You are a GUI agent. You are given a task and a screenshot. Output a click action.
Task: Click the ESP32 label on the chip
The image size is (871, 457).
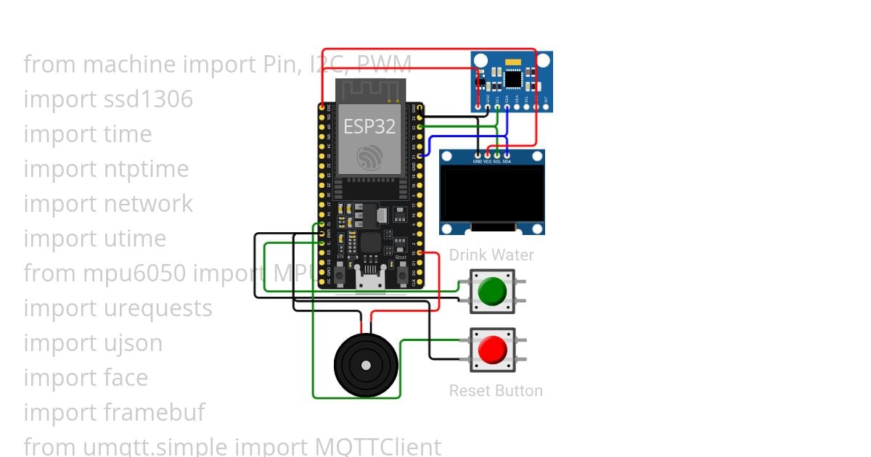coord(369,126)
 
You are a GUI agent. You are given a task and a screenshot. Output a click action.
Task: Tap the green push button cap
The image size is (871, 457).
coord(492,291)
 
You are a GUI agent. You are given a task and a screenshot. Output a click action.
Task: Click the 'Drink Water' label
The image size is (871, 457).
coord(491,255)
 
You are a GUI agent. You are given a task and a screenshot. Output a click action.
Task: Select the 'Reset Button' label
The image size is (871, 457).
coord(496,390)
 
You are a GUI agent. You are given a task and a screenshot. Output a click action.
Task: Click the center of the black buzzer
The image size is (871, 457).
coord(366,365)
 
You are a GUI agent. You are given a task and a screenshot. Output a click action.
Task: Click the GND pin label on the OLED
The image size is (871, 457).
coord(478,161)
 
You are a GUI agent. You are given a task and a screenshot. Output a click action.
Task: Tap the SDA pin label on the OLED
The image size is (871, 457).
coord(506,161)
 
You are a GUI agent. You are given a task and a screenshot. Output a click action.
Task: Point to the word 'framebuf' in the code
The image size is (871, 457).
coord(155,413)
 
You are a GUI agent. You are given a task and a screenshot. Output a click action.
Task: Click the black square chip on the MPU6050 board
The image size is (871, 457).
coord(512,77)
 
